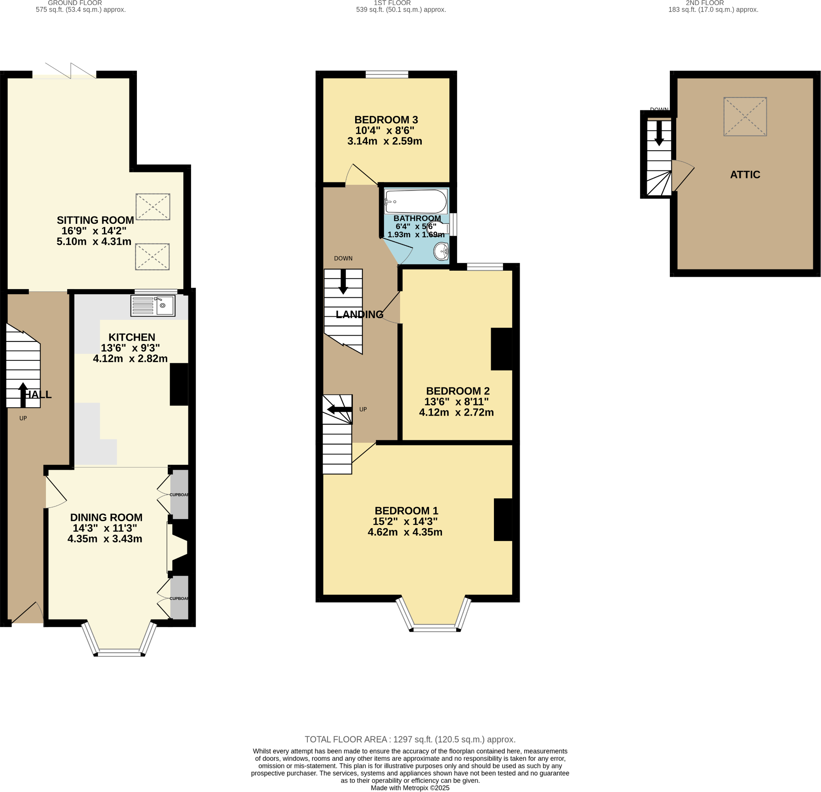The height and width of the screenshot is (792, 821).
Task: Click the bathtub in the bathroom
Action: pyautogui.click(x=416, y=201)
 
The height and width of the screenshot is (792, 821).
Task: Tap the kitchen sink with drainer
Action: pyautogui.click(x=153, y=306)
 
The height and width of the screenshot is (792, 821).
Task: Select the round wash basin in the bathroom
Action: pyautogui.click(x=442, y=252)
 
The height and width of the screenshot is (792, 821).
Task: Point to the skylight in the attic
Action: pyautogui.click(x=745, y=116)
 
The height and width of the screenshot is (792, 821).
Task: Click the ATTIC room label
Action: pyautogui.click(x=745, y=175)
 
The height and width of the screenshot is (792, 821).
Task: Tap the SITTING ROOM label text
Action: pyautogui.click(x=95, y=220)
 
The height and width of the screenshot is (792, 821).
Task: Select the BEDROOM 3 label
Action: pyautogui.click(x=386, y=120)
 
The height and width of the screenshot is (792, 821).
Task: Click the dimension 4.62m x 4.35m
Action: pyautogui.click(x=405, y=532)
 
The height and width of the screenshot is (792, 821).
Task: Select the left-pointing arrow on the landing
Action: pyautogui.click(x=340, y=409)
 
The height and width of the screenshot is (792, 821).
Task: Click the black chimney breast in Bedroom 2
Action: pyautogui.click(x=501, y=349)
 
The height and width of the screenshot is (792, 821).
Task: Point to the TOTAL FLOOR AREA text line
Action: pyautogui.click(x=410, y=739)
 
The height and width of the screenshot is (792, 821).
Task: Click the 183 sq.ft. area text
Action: pyautogui.click(x=713, y=10)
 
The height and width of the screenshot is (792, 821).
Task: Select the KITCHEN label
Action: pyautogui.click(x=131, y=337)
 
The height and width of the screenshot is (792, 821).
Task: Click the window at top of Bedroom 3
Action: pyautogui.click(x=387, y=74)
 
